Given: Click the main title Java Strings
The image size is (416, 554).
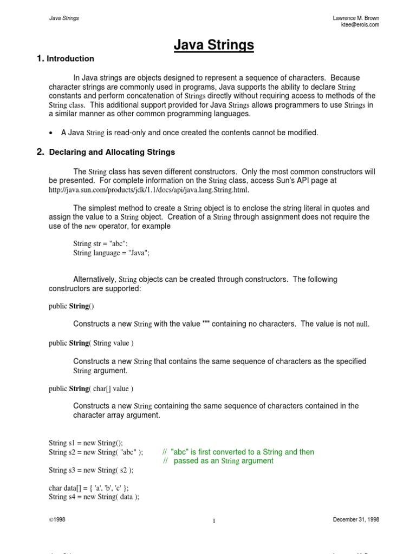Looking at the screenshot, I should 213,46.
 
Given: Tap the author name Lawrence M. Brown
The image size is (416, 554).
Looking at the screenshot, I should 356,18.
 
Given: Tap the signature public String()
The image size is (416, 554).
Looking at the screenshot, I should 71,306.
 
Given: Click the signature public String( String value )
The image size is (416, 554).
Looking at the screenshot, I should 90,343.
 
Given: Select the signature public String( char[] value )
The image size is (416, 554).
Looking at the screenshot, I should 90,388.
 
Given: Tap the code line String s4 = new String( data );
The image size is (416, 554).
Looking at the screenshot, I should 94,497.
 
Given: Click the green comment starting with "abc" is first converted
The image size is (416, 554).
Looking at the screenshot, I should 238,452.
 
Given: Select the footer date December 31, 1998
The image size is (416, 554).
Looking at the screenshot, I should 356,519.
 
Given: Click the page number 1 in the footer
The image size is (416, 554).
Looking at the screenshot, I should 214,521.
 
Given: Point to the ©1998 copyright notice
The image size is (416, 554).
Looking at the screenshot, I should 57,519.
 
